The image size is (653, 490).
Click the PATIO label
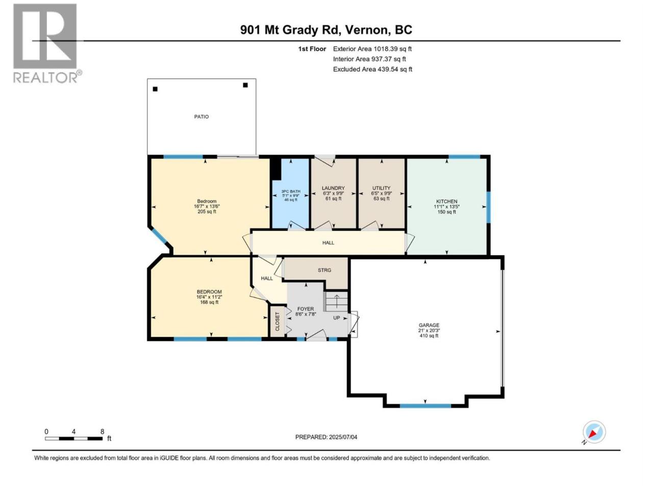[x=202, y=117]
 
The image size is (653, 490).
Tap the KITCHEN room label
[x=446, y=202]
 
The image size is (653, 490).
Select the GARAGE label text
[x=429, y=325]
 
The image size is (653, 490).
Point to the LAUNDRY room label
[x=333, y=188]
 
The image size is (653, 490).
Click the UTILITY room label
[x=381, y=188]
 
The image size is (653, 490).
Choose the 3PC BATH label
[x=291, y=191]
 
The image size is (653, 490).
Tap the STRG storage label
[x=324, y=270]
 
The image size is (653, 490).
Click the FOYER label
[x=306, y=309]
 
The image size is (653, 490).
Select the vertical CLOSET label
[x=277, y=322]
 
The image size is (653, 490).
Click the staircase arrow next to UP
[x=337, y=301]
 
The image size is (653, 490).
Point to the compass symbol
[x=594, y=432]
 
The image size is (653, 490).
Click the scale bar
[x=74, y=438]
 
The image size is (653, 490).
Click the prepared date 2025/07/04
[x=343, y=437]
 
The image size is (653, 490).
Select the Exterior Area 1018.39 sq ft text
[x=372, y=49]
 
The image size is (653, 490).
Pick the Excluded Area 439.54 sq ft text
[x=372, y=69]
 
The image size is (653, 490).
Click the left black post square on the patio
[x=155, y=89]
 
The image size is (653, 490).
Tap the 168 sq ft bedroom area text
[x=209, y=302]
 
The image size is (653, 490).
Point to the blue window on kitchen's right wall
[x=488, y=207]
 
